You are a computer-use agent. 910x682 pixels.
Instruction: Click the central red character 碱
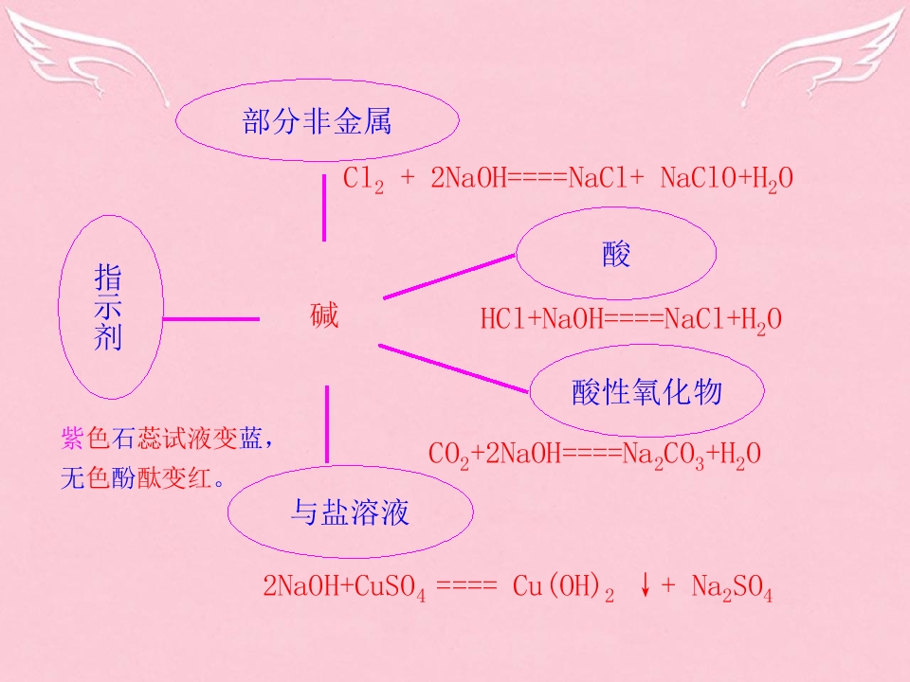324,316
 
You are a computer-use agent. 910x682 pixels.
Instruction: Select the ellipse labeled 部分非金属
318,81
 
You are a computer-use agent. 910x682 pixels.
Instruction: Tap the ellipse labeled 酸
616,208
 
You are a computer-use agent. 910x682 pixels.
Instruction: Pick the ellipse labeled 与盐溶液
350,466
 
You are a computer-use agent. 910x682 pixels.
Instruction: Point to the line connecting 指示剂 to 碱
211,319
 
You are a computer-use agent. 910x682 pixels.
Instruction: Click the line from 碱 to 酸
449,277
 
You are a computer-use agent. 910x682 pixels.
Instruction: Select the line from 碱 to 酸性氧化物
453,368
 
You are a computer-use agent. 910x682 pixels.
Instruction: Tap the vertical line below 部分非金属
324,208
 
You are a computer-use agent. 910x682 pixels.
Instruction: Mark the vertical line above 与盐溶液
327,424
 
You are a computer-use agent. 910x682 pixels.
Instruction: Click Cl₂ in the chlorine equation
363,179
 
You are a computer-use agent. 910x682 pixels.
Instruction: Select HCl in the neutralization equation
503,319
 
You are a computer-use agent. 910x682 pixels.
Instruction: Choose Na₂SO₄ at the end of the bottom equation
732,587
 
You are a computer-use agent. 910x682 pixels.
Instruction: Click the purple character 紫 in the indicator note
73,438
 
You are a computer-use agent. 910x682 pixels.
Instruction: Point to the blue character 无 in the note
73,477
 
